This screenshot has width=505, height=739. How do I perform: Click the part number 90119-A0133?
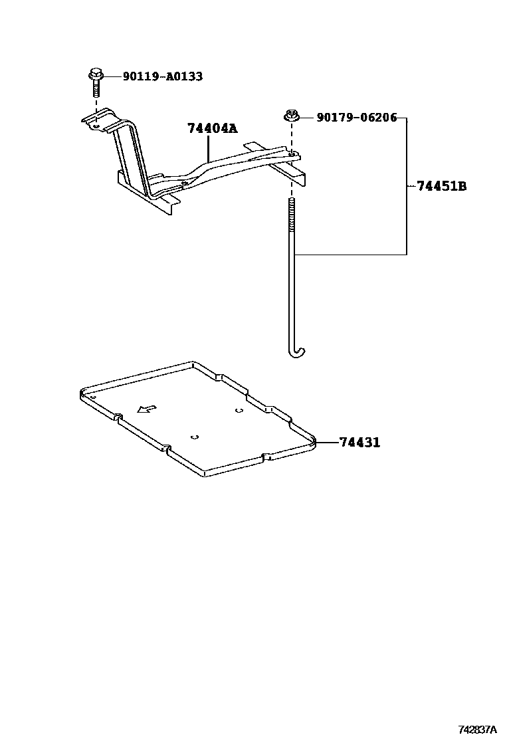point(162,76)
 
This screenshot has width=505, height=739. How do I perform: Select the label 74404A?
point(212,129)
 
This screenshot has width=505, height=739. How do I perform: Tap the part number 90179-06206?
point(356,118)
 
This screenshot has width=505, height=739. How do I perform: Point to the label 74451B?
point(441,186)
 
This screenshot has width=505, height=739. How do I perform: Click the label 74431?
point(359,442)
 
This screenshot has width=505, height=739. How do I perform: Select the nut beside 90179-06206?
point(290,116)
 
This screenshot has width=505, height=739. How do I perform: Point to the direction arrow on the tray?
point(146,409)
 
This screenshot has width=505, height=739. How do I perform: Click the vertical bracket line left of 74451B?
point(406,199)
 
